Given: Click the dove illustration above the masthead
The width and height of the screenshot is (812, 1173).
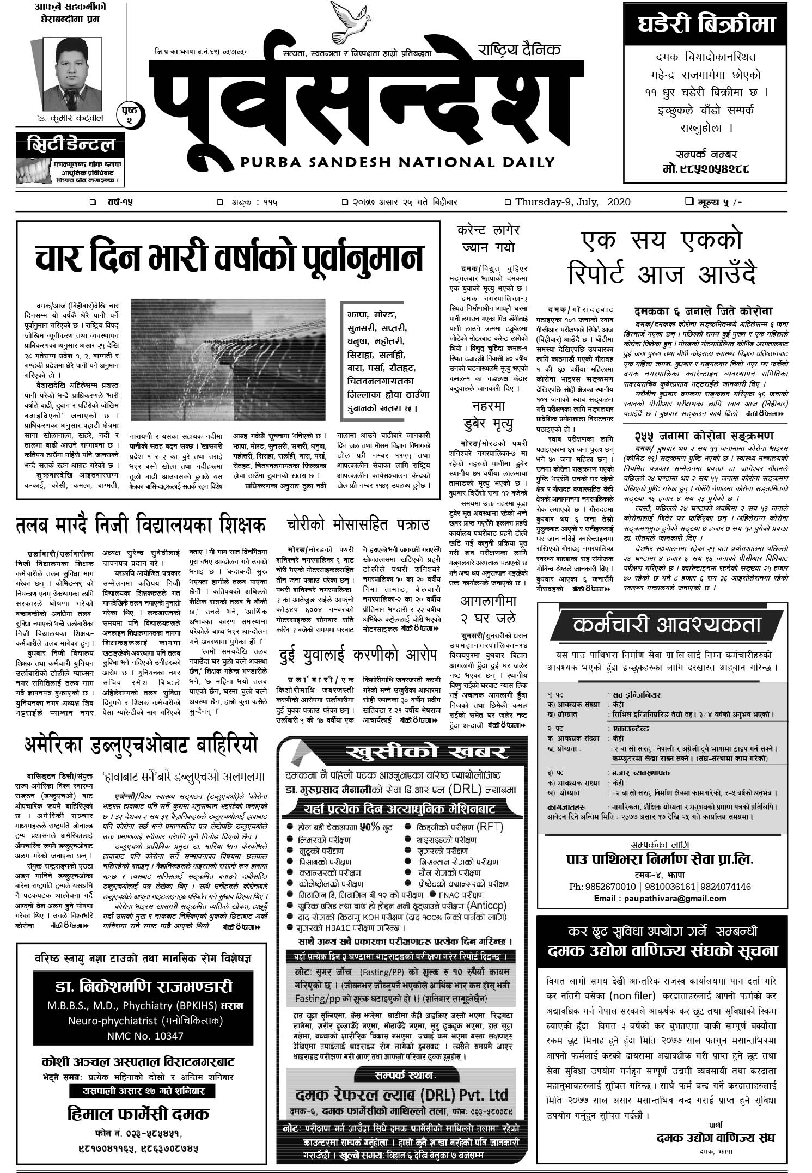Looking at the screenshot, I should click(x=345, y=22).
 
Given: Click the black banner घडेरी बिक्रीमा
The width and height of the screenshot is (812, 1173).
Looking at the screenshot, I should click(x=706, y=25).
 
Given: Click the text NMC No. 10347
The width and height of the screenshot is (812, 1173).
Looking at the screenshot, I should click(x=145, y=1035).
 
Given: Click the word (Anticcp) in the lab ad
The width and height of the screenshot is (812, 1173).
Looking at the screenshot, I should click(x=487, y=906).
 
